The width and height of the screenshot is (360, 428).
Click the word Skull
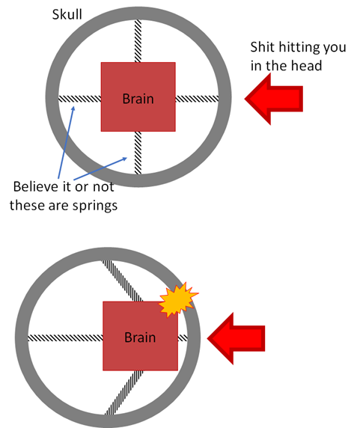pos(67,14)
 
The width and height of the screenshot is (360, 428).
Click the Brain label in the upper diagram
pos(138,99)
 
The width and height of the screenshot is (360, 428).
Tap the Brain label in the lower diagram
pos(140,337)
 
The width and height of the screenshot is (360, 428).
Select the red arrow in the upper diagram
pos(274,99)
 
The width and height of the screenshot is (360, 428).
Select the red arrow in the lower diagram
pos(236,338)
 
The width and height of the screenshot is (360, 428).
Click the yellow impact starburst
pos(178,300)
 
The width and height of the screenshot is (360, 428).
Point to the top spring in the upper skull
pos(138,41)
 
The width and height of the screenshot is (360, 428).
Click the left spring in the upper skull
pos(79,99)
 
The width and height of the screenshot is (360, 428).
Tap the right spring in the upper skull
pos(197,99)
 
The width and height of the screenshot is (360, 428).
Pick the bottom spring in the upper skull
pos(138,153)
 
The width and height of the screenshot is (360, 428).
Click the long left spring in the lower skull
pos(66,338)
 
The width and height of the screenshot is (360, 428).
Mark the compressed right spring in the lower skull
pos(183,338)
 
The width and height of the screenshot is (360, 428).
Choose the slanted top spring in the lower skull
pos(122,281)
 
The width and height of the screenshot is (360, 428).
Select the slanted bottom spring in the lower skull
pos(124,392)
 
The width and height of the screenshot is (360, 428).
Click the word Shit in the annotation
pos(262,47)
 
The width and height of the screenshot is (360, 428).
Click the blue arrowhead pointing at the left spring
pos(73,108)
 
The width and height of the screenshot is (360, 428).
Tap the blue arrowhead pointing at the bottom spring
pos(124,159)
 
